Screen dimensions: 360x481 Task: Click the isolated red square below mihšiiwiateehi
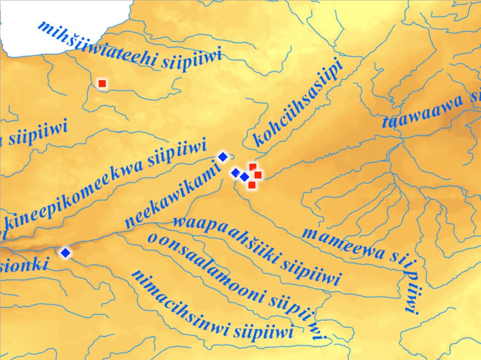102,84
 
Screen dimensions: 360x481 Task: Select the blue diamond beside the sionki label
65,253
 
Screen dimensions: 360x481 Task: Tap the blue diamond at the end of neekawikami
223,157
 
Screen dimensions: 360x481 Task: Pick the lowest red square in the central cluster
252,185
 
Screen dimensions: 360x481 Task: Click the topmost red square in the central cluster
253,167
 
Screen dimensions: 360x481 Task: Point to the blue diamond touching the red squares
245,177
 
